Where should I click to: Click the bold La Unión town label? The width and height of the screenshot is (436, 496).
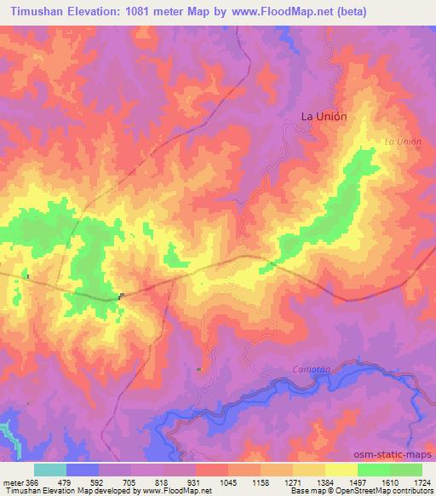pos(324,117)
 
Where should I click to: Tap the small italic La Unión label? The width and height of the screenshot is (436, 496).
pos(403,141)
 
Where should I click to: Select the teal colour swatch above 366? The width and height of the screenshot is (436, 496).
pos(49,470)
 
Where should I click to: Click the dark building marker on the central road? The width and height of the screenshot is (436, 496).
pos(122,297)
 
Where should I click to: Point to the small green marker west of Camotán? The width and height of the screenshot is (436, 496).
pos(198,369)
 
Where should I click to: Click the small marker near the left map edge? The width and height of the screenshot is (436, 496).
pos(28,276)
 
